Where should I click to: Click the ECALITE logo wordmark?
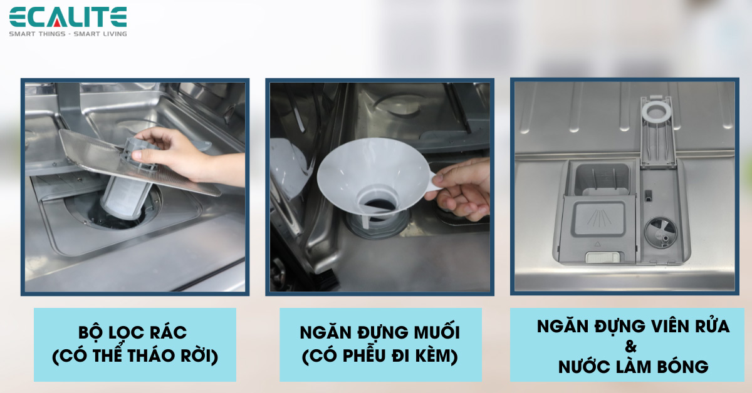[x=68, y=17]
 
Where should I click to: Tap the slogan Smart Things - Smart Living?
[x=68, y=33]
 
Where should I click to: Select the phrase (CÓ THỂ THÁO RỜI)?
[x=135, y=356]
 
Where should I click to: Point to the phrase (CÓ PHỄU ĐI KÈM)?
[x=380, y=356]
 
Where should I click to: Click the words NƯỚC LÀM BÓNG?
[x=633, y=367]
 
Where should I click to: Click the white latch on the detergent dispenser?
[x=600, y=257]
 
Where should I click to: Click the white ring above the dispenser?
[x=656, y=111]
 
